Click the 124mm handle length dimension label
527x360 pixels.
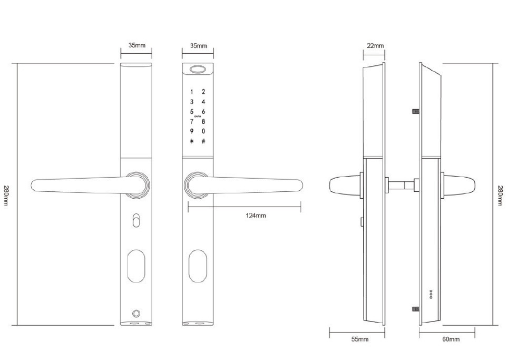pyautogui.click(x=257, y=216)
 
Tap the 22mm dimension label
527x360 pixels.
pyautogui.click(x=375, y=46)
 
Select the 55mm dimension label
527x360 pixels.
pyautogui.click(x=359, y=339)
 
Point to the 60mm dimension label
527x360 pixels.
pyautogui.click(x=451, y=339)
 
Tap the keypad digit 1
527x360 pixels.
pyautogui.click(x=192, y=92)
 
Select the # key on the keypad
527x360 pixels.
pyautogui.click(x=203, y=141)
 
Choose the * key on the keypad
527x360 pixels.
pyautogui.click(x=192, y=141)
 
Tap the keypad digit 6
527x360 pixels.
pyautogui.click(x=203, y=111)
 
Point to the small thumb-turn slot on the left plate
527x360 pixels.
pyautogui.click(x=136, y=220)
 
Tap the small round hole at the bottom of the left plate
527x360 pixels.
pyautogui.click(x=136, y=312)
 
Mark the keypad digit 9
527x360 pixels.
pyautogui.click(x=192, y=131)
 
